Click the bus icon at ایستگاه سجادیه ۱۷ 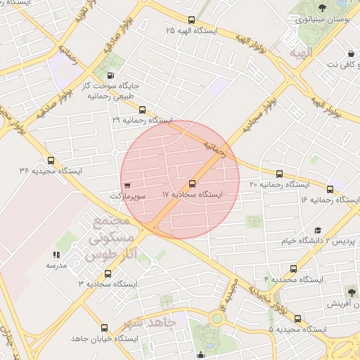(193, 182)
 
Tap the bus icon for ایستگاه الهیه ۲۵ (192, 20)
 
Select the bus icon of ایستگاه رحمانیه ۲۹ (143, 110)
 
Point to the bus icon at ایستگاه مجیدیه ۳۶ (50, 160)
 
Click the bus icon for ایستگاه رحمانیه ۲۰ (279, 173)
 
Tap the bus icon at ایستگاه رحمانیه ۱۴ (330, 188)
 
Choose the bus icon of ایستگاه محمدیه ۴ (294, 269)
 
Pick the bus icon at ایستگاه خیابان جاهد (104, 328)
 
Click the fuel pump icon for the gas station (110, 75)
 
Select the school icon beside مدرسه (56, 254)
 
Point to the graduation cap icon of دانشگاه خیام (317, 230)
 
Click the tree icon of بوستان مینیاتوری (322, 8)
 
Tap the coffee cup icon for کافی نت (350, 53)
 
